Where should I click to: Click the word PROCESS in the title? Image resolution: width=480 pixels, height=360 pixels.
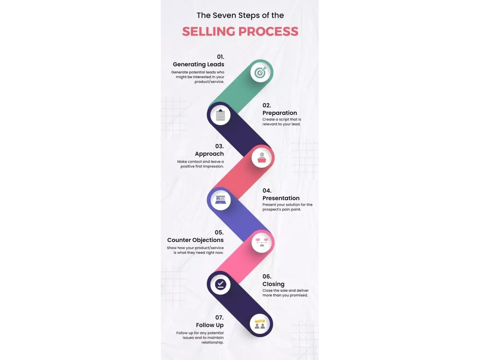coord(268,32)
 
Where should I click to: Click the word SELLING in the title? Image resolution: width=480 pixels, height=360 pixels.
coord(208,32)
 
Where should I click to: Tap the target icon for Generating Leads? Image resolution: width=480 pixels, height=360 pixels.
coord(260,72)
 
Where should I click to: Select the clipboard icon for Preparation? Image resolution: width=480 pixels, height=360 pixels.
coord(220,115)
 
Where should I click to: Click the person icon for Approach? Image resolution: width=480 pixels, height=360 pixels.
coord(262,158)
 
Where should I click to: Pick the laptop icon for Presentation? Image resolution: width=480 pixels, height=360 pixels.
coord(220,200)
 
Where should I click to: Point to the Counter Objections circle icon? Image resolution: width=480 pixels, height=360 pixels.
coord(262,243)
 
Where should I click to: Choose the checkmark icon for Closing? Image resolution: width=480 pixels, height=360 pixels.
coord(220,285)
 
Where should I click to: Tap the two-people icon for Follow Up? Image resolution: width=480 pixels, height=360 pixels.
coord(260,324)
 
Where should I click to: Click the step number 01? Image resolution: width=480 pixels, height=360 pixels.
coord(220,57)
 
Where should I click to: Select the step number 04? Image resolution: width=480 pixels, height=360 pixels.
coord(266,191)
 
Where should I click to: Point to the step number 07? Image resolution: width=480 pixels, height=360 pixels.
coord(219,317)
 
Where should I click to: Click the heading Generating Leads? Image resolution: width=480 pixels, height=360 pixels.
coord(198,64)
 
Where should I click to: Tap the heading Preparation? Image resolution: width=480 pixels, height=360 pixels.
coord(279,113)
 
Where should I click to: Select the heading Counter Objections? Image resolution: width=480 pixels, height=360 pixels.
coord(195,240)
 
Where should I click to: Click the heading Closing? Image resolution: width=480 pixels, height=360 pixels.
coord(274,284)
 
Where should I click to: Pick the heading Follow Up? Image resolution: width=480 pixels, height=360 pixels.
coord(210,325)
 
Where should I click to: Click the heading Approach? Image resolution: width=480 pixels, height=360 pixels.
coord(209,154)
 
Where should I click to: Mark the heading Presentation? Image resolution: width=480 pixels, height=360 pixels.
coord(281,198)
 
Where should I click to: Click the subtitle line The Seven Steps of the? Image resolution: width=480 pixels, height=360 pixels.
coord(240,15)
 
